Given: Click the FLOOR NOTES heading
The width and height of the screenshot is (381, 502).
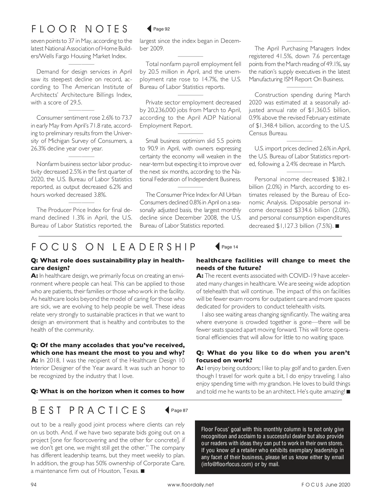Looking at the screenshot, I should (x=79, y=29).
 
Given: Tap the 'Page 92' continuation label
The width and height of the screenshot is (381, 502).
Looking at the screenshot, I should (x=161, y=29).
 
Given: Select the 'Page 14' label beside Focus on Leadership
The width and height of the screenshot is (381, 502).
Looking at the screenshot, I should (x=230, y=247).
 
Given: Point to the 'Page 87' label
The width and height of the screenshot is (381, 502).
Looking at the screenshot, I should (x=179, y=410).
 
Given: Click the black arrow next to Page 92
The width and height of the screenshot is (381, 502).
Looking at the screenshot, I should (x=149, y=29).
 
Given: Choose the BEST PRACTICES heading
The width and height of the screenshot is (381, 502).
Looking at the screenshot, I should (x=89, y=410).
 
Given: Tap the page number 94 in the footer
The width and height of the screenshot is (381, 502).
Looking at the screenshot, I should (x=34, y=485).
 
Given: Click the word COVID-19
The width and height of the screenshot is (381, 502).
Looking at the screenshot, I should (x=302, y=276).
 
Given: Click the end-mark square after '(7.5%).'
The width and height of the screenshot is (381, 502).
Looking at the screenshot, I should (x=337, y=226).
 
